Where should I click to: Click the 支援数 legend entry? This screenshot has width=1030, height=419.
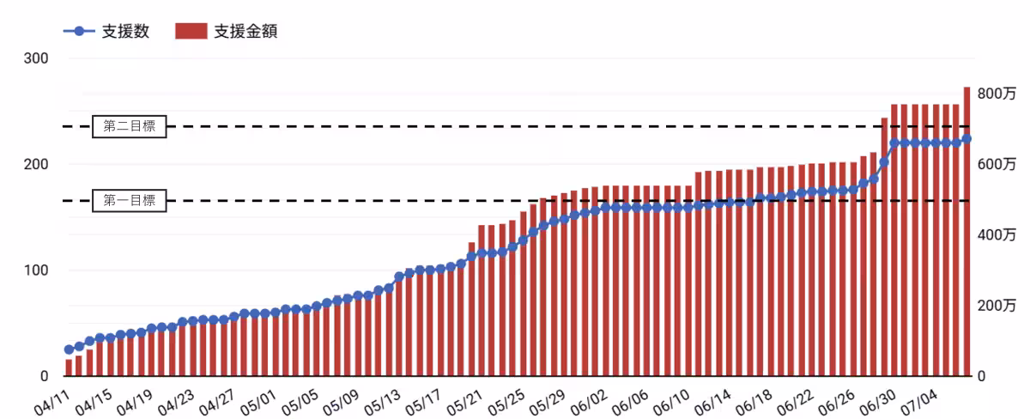coord(106,31)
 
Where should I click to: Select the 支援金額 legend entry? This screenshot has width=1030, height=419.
coord(227,31)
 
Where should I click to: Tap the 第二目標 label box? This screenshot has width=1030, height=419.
coord(130,126)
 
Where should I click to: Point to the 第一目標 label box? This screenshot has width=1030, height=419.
coord(130,201)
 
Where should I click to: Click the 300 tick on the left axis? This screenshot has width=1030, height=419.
coord(36,58)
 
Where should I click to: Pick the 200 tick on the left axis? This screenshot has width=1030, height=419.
coord(36,164)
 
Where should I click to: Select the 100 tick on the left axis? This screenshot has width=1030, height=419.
coord(36,270)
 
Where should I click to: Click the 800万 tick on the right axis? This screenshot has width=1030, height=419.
coord(997,94)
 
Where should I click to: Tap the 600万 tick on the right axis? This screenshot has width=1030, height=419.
coord(997,164)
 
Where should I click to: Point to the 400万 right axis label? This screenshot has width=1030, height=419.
coord(997,234)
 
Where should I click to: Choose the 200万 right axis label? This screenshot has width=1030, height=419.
coord(997,306)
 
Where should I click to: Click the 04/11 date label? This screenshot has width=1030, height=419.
coord(51,402)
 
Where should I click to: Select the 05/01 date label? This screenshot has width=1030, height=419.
coord(258,402)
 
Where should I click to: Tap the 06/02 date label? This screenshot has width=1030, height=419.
coord(588,402)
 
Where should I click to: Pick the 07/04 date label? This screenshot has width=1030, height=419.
coord(918,402)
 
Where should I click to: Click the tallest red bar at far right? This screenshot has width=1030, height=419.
coord(967,231)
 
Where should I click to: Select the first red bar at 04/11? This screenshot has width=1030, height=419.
coord(69,367)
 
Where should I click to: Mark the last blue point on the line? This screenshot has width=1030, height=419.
coord(967,138)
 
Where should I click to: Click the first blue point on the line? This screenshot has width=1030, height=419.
coord(69,349)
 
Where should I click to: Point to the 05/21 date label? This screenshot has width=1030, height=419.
coord(464,402)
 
